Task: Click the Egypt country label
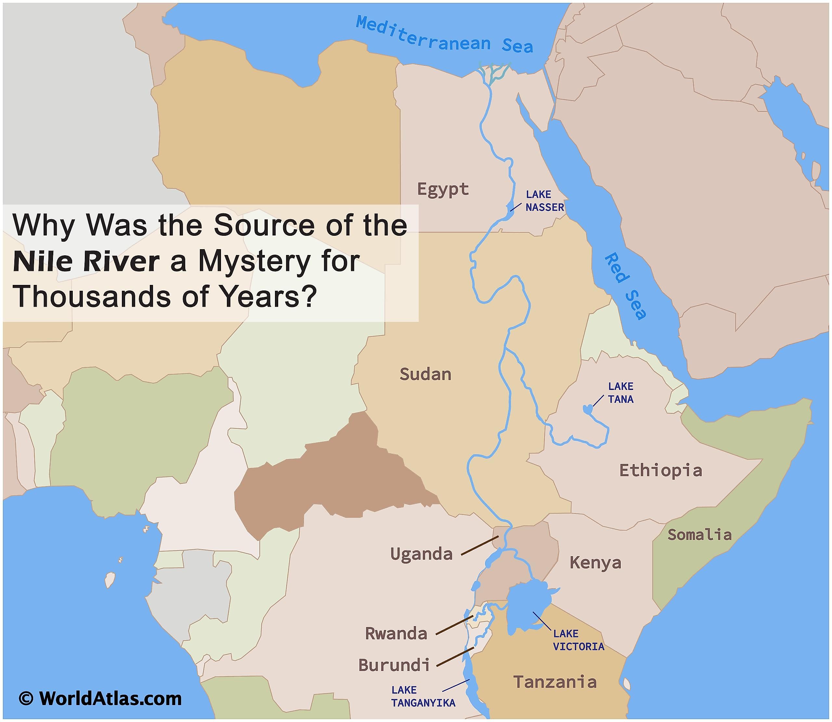pos(443,189)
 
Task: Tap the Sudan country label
pos(425,375)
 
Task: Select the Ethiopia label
pos(660,471)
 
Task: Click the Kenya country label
pos(595,562)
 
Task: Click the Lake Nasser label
pos(544,201)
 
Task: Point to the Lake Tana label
pos(620,393)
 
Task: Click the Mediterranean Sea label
pos(444,35)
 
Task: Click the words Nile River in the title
pos(86,262)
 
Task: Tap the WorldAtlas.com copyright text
pos(101,699)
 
